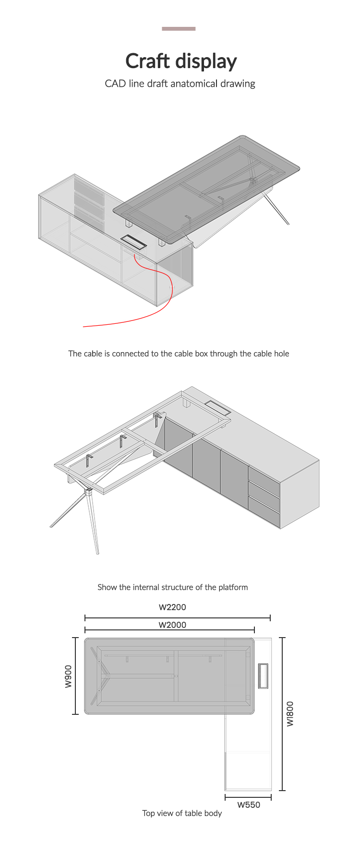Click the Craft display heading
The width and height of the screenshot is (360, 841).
(181, 61)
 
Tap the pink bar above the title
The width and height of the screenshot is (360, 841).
(179, 29)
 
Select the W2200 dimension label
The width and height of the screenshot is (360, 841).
(172, 607)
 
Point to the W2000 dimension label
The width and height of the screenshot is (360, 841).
(172, 625)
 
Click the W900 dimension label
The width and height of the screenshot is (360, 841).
(69, 676)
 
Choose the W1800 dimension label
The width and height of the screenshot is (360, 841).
(290, 714)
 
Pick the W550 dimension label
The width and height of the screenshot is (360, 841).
(249, 805)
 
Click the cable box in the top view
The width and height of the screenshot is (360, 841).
(263, 675)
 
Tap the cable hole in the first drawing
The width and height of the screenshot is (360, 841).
(133, 242)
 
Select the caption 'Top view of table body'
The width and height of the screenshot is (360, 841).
(182, 813)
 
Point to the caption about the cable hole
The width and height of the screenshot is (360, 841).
(179, 354)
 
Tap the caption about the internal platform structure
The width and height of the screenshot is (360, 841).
(173, 587)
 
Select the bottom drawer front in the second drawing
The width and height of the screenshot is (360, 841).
(264, 512)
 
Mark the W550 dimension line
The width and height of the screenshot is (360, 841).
(248, 797)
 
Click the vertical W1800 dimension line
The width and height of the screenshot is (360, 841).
(282, 714)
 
